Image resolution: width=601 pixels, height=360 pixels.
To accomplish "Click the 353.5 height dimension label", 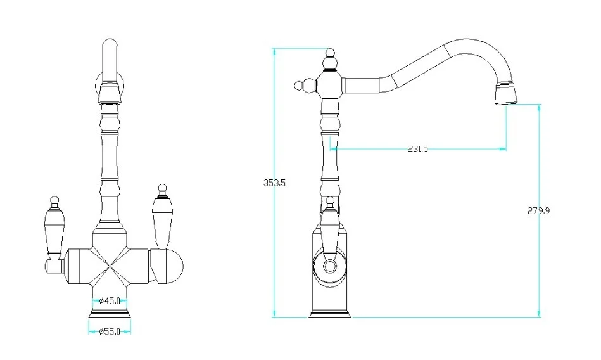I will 275,183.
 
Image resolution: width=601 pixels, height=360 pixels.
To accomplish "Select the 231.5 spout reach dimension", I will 417,150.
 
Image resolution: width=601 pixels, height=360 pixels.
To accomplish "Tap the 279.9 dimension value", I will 539,210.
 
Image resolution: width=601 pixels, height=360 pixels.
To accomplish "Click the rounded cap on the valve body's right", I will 172,265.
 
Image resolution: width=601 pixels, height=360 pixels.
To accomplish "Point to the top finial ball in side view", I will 329,62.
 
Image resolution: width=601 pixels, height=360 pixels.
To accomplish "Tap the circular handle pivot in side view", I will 329,266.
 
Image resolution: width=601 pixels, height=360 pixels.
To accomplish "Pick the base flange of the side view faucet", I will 329,314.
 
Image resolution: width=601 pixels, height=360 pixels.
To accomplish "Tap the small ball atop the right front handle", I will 162,188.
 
